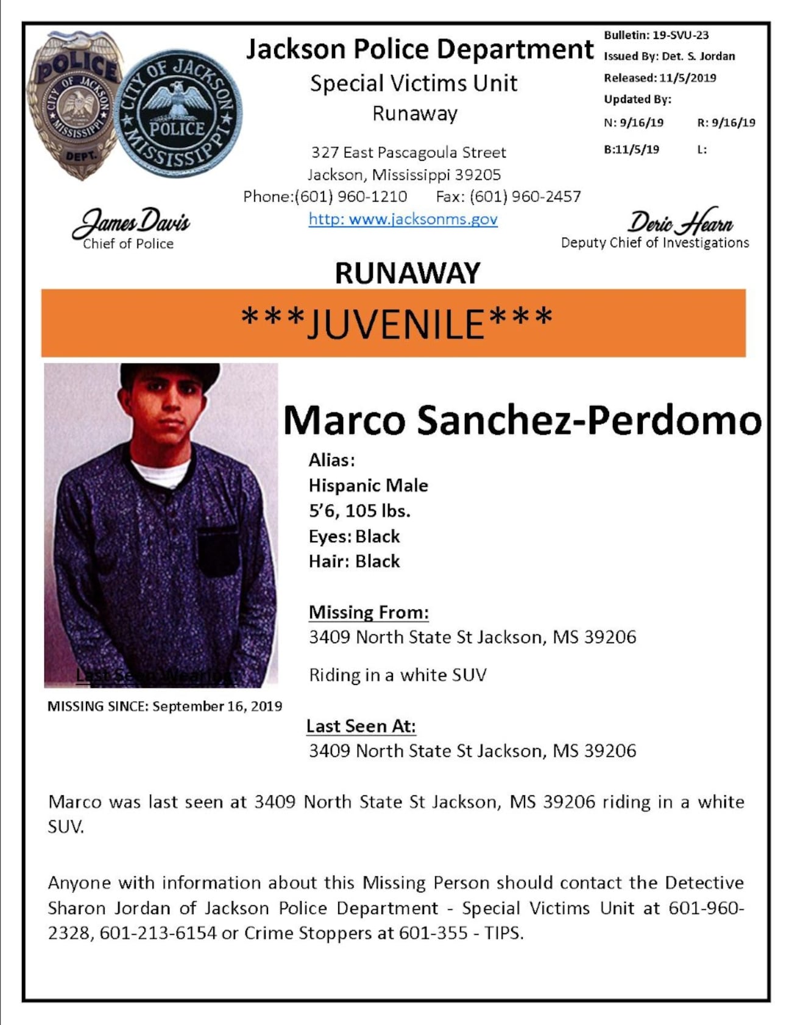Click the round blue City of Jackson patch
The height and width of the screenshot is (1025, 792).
coord(178,114)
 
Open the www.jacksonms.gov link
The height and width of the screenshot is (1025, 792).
coord(403,219)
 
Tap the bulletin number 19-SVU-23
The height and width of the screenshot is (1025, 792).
coord(680,35)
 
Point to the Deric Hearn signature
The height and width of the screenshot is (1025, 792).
coord(681,222)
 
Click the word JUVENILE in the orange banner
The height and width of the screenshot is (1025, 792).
coord(396,324)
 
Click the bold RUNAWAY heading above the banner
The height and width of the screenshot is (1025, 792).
coord(408,273)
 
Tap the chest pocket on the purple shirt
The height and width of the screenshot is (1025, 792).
coord(217,550)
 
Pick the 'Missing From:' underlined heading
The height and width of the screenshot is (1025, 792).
coord(369,612)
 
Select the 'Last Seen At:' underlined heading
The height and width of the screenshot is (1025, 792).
coord(361,726)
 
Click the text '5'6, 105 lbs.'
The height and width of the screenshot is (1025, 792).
coord(359,511)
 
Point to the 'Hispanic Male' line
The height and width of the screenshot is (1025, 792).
coord(368,486)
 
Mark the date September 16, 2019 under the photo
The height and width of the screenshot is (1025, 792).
coord(217,706)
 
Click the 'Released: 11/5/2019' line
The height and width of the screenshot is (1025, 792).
coord(660,78)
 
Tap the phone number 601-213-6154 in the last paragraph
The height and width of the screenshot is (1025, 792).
coord(158,933)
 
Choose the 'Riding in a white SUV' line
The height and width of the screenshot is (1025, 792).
coord(397,675)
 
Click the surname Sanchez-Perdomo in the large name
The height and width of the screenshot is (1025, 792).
coord(589,420)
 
